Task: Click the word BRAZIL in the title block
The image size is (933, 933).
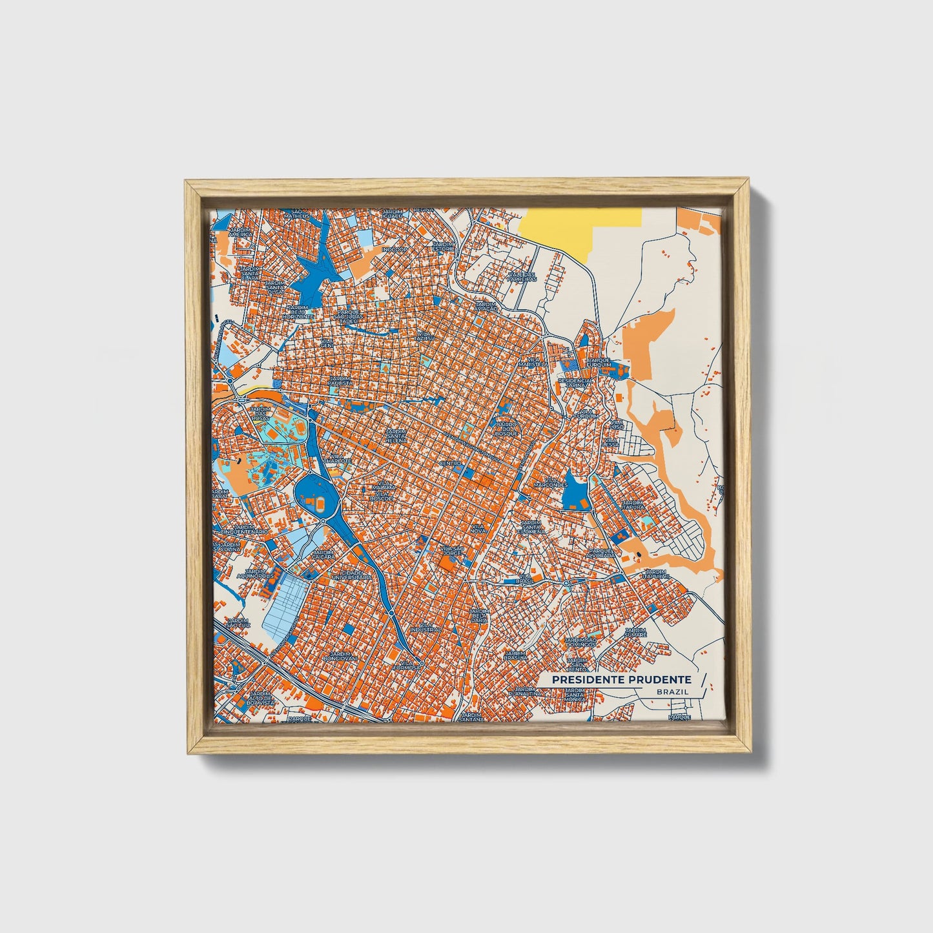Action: tap(672, 692)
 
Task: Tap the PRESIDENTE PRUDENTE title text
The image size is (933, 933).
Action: tap(621, 680)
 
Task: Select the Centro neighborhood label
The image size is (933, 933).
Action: tap(450, 464)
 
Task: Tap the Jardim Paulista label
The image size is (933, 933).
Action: tap(341, 381)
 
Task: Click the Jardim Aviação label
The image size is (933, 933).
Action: tap(486, 305)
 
